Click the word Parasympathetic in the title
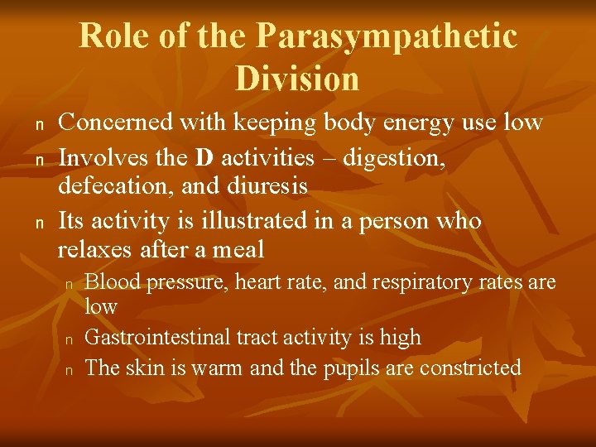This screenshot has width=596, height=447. pos(387,36)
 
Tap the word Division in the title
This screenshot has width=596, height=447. pos(297,79)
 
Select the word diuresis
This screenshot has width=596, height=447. pos(269,187)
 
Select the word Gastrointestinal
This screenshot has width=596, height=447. pos(158,337)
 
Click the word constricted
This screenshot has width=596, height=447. pos(470,367)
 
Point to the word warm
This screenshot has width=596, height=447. pos(218,368)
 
